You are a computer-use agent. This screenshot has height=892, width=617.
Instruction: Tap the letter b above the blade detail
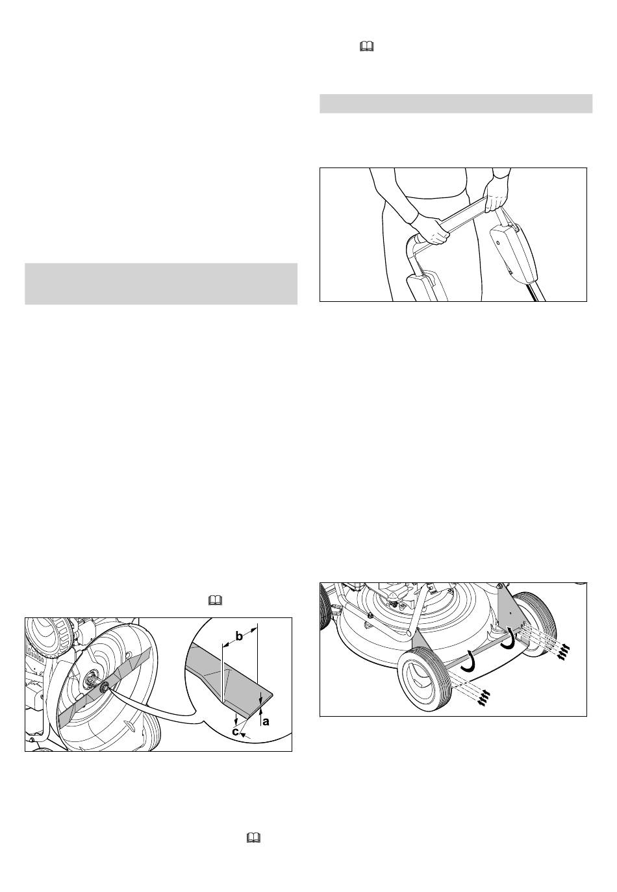pos(239,637)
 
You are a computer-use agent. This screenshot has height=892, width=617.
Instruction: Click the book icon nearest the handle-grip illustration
pos(366,47)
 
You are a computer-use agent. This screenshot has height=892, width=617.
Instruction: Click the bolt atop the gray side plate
pos(499,587)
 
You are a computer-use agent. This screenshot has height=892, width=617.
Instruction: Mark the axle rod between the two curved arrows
pos(484,649)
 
